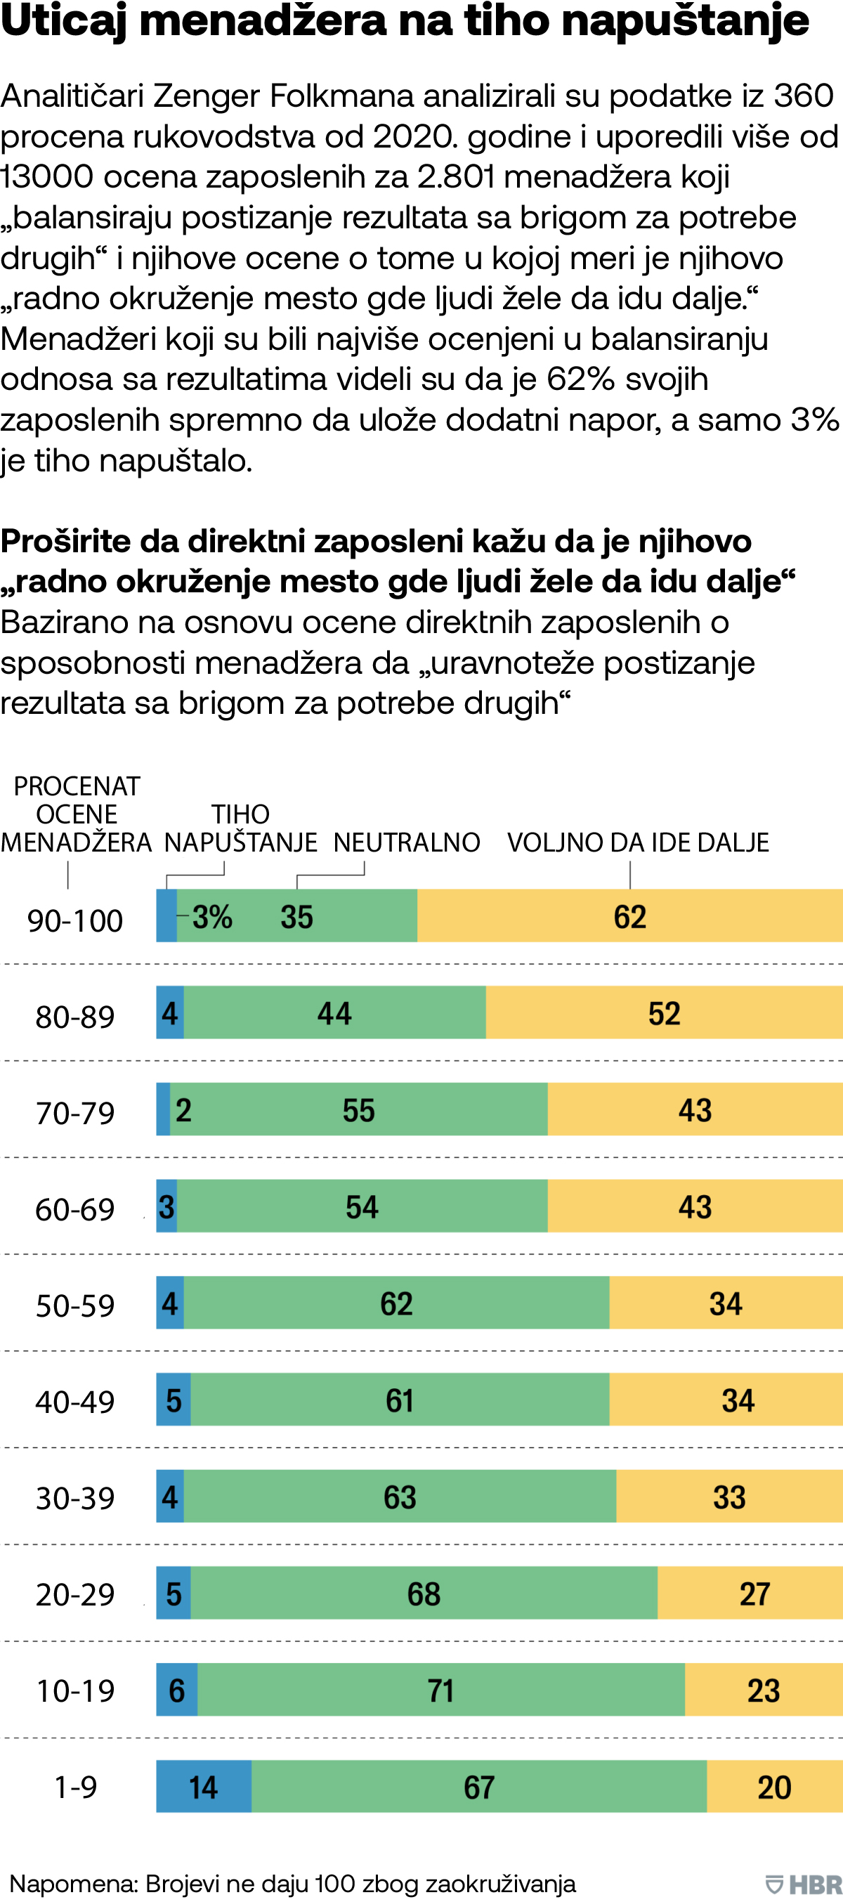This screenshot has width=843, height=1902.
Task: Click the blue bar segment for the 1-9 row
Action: tap(204, 1786)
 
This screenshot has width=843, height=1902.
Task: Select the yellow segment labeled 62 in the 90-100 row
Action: tap(629, 916)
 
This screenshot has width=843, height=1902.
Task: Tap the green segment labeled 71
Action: tap(440, 1690)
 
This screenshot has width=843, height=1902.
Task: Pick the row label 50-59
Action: tap(75, 1305)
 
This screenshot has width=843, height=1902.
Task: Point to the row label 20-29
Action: tap(75, 1594)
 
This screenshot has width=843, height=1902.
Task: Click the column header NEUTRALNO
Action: tap(407, 842)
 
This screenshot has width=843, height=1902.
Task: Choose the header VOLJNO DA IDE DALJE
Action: tap(638, 842)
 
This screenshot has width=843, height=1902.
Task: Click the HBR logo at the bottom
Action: tap(804, 1884)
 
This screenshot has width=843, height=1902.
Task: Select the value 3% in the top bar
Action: tap(213, 917)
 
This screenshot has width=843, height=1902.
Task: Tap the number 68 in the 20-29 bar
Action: tap(424, 1594)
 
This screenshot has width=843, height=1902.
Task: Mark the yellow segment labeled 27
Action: tap(750, 1594)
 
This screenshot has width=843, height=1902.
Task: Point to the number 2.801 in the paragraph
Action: tap(456, 176)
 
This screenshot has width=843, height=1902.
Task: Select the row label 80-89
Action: tap(75, 1017)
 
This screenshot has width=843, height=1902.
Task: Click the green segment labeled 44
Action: tap(334, 1013)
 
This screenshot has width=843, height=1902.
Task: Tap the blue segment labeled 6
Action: tap(177, 1690)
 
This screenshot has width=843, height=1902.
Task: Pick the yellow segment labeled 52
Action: tap(665, 1013)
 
